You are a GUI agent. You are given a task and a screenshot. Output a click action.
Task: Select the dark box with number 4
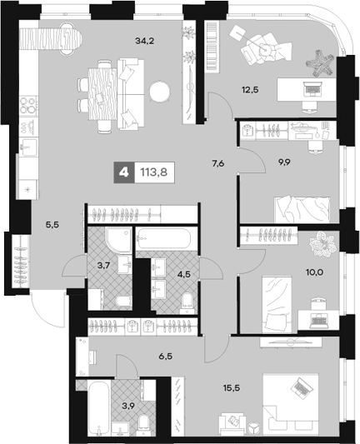click(125, 174)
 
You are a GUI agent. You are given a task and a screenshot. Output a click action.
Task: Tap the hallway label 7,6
click(218, 163)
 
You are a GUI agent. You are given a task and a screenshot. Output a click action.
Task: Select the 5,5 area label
click(52, 222)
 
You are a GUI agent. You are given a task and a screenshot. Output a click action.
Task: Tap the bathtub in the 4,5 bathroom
click(165, 240)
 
